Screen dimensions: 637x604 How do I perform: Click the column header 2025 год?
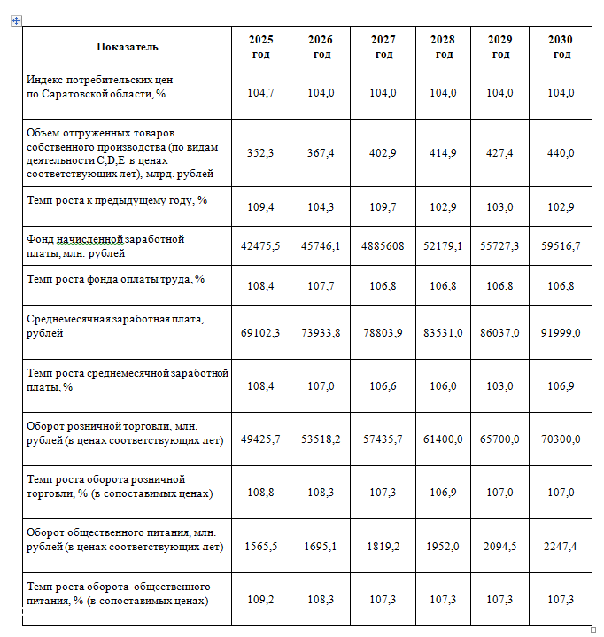point(260,47)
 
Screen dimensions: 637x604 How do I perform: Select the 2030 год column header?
point(561,47)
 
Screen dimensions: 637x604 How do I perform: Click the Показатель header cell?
point(127,47)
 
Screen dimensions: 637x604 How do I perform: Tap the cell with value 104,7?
point(260,93)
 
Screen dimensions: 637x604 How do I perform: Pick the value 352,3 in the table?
point(260,153)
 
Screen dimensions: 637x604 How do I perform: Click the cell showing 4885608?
point(383,246)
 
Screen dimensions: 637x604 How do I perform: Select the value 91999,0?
point(561,333)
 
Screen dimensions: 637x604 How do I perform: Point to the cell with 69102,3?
point(260,333)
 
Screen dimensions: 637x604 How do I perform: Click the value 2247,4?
point(561,547)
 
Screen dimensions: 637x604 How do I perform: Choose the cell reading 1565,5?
point(260,547)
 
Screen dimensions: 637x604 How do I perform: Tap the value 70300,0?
point(561,439)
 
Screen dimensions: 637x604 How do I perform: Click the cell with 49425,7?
point(260,439)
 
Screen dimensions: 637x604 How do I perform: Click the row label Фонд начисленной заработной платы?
point(106,246)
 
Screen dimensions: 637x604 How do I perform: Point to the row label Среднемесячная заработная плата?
point(115,326)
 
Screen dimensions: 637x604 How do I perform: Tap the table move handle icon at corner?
point(16,20)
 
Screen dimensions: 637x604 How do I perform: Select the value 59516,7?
point(561,246)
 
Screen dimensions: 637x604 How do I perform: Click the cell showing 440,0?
point(561,153)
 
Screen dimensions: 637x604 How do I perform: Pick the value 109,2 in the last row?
point(260,600)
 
